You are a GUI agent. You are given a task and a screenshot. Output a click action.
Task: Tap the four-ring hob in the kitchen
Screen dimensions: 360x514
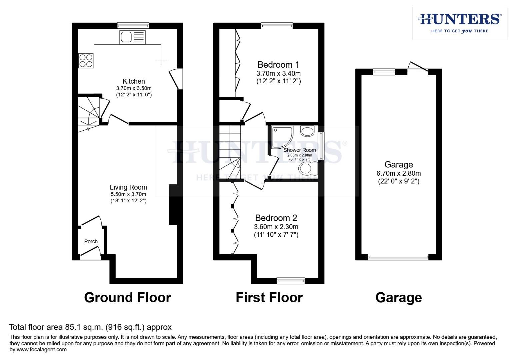click(x=86, y=61)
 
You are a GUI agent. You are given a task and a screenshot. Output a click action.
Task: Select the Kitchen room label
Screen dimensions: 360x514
click(x=134, y=81)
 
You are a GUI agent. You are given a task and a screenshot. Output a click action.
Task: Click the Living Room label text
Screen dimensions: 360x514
click(x=128, y=187)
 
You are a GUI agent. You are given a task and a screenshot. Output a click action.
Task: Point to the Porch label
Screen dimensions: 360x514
click(x=91, y=242)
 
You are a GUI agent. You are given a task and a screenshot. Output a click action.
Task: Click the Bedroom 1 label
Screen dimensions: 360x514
click(x=278, y=65)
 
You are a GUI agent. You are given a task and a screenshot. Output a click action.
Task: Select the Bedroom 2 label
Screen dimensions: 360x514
click(x=276, y=218)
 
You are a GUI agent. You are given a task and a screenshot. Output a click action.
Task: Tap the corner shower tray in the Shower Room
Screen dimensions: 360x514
click(x=282, y=136)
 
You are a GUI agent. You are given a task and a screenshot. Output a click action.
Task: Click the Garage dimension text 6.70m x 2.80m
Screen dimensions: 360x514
click(x=398, y=173)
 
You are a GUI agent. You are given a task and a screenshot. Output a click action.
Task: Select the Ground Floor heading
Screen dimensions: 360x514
click(x=127, y=297)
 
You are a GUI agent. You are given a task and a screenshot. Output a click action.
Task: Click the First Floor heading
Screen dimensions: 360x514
click(x=269, y=297)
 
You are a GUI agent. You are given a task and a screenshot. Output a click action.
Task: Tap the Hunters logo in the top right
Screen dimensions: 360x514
click(x=460, y=23)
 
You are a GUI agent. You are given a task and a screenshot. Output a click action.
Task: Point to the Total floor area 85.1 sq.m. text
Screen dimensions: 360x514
click(x=90, y=327)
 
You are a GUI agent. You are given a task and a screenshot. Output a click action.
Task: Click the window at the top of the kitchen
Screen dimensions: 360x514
click(x=133, y=25)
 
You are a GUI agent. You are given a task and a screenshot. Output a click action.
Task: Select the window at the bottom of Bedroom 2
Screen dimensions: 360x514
click(x=291, y=281)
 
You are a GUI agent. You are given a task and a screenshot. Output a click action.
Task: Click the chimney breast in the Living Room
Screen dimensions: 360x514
click(x=173, y=205)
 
